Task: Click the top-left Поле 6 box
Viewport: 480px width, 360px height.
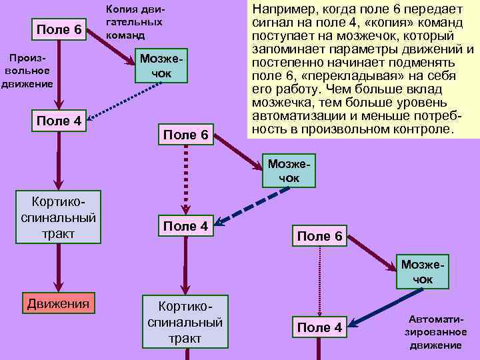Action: point(59,30)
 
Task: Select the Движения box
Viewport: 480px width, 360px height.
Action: point(57,304)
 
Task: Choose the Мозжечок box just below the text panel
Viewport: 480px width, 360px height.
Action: point(288,171)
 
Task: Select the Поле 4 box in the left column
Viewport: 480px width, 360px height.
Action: point(59,121)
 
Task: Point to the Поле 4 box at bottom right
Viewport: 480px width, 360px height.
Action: point(319,327)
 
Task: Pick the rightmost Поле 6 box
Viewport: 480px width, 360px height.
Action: point(319,235)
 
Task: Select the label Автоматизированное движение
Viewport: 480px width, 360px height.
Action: point(437,332)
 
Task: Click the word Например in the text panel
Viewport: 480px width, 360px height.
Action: point(279,9)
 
